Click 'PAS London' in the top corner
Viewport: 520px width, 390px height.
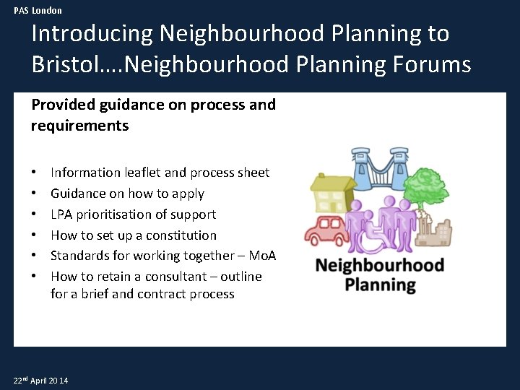[38, 10]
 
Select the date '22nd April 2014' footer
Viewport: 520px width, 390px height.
[41, 380]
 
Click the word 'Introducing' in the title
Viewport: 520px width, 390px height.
[92, 33]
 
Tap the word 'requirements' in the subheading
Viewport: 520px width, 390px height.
[79, 126]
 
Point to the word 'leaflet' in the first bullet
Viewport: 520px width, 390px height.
[141, 173]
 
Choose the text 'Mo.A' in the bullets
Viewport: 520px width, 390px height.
[262, 256]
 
